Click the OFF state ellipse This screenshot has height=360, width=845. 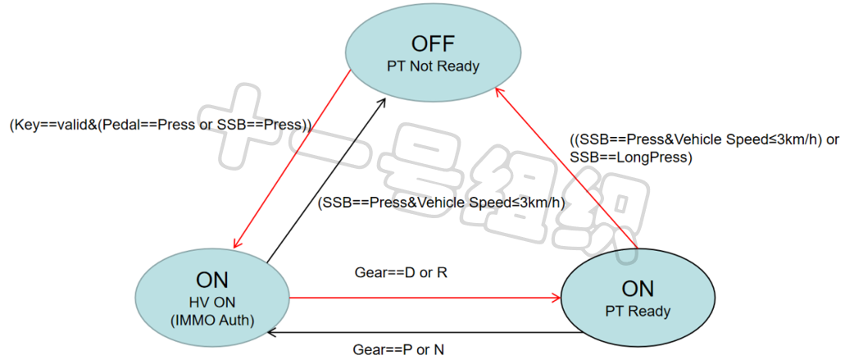433,51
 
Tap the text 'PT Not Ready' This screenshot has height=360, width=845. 433,66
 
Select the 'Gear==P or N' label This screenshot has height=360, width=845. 398,350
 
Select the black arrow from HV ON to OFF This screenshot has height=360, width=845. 328,176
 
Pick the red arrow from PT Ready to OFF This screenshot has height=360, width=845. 566,164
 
